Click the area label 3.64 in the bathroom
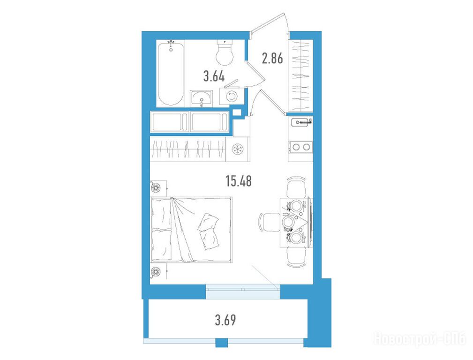coord(214,77)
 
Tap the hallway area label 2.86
coord(272,58)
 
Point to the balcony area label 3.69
coord(225,320)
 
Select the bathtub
coord(171,73)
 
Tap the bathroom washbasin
coord(201,98)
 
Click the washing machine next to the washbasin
coord(232,96)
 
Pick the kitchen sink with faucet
coord(300,122)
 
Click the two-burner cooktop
coord(300,147)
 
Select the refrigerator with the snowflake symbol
coord(238,149)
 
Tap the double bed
coord(191,229)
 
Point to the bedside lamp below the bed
coord(156,271)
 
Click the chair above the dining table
coord(296,187)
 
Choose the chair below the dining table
coord(296,257)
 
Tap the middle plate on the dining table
coord(288,222)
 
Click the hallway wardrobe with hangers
coord(300,75)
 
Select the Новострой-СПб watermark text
coord(420,339)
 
